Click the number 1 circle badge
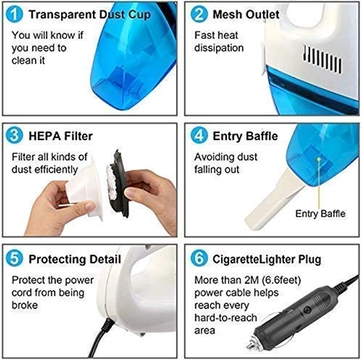(14, 14)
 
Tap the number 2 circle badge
(199, 14)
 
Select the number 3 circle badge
(14, 135)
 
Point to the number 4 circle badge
(199, 135)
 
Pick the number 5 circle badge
(14, 259)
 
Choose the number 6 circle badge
(199, 259)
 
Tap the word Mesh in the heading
(227, 14)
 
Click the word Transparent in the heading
(62, 15)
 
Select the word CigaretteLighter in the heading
(253, 260)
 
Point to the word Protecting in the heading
(57, 260)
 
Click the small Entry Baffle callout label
(320, 213)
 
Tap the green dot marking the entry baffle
(319, 159)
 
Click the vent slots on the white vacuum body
(322, 59)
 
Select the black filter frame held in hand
(119, 184)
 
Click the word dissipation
(219, 48)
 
